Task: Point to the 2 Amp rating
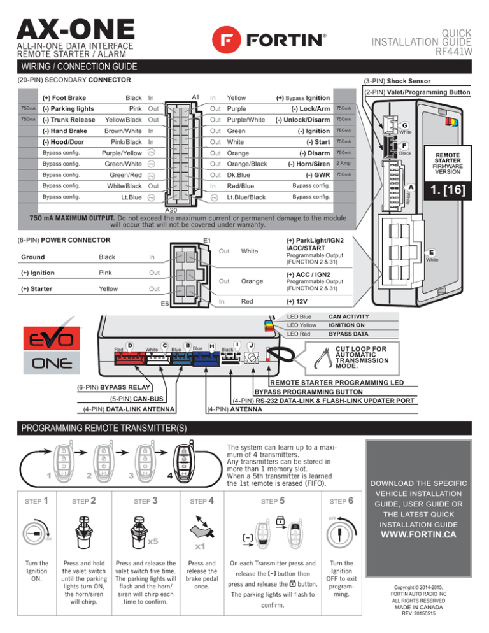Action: (344, 163)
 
